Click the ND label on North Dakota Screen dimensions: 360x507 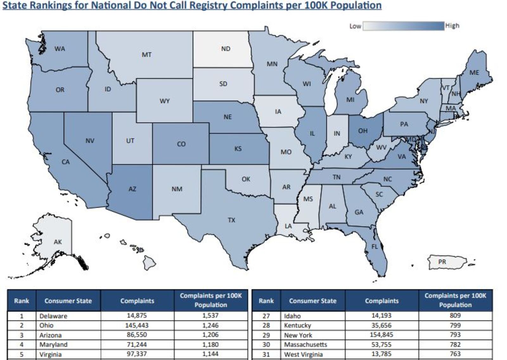(226, 49)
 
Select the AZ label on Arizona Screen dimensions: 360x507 (132, 189)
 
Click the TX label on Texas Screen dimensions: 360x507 (231, 220)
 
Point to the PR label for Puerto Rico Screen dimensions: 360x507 (442, 262)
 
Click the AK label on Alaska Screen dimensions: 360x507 (58, 242)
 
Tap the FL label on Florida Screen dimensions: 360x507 (375, 247)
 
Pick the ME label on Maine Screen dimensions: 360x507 (474, 73)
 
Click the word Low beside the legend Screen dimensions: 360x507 (355, 26)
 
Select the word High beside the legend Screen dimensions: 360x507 (452, 26)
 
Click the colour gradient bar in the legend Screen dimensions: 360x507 (403, 26)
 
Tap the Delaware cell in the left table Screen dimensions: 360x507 (53, 316)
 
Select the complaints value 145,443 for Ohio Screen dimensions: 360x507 (137, 325)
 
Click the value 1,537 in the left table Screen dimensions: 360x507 (210, 316)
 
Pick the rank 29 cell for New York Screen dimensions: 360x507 (266, 335)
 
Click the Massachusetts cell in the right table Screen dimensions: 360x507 (305, 344)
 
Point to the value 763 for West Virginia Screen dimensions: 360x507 (455, 354)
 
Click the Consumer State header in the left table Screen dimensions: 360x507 (68, 301)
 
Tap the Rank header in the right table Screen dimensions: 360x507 (266, 301)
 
